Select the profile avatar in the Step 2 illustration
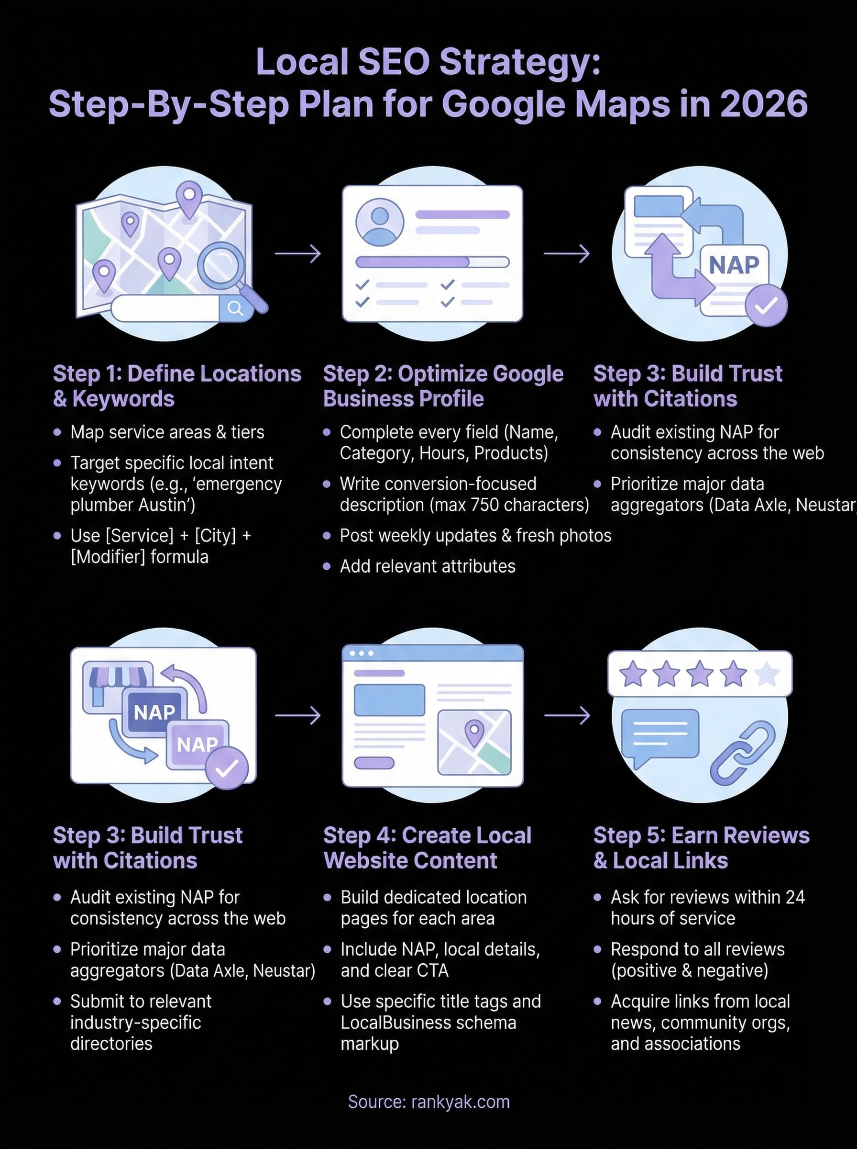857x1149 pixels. [380, 222]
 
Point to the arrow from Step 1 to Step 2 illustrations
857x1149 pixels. [298, 253]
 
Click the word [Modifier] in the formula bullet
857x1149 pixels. [108, 557]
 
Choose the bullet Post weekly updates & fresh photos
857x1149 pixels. [475, 535]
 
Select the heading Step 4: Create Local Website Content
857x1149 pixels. [427, 847]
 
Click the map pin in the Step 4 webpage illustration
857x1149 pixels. [473, 732]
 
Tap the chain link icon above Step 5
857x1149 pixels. [742, 752]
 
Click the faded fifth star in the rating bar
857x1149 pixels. [767, 674]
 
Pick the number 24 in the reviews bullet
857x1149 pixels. [795, 897]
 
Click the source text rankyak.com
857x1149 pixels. [460, 1101]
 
